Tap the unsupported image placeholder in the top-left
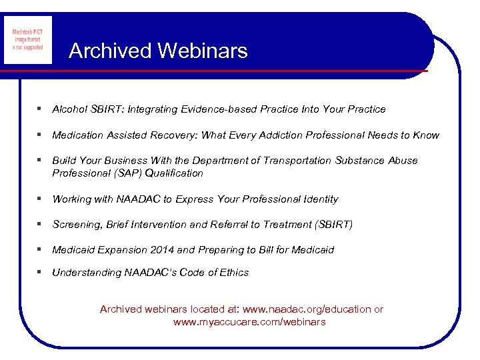pos(28,39)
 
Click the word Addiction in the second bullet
pos(279,135)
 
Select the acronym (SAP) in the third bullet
pos(121,173)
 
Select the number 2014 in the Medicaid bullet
pos(163,250)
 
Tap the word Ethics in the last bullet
pos(233,273)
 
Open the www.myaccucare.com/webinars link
pos(249,322)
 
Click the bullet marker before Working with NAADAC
pos(40,199)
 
